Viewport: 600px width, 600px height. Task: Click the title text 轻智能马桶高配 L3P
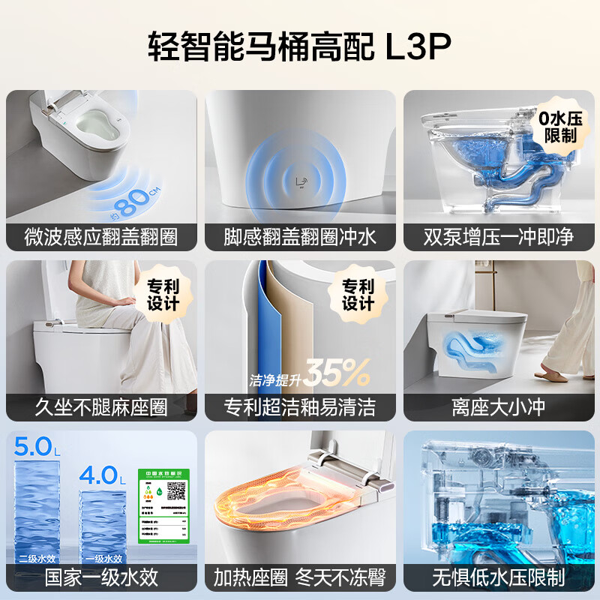pyautogui.click(x=300, y=47)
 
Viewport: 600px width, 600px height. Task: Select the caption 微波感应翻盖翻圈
pyautogui.click(x=101, y=237)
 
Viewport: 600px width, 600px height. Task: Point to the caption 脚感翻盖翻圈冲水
pyautogui.click(x=300, y=237)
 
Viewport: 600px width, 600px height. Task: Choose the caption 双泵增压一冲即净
pyautogui.click(x=498, y=237)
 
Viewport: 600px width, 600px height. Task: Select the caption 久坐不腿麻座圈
pyautogui.click(x=101, y=407)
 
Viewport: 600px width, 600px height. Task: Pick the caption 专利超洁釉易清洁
pyautogui.click(x=300, y=407)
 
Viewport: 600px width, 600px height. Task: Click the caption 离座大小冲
pyautogui.click(x=498, y=407)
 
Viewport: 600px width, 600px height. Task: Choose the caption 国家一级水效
pyautogui.click(x=101, y=577)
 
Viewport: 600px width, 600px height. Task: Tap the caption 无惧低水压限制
pyautogui.click(x=498, y=577)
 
